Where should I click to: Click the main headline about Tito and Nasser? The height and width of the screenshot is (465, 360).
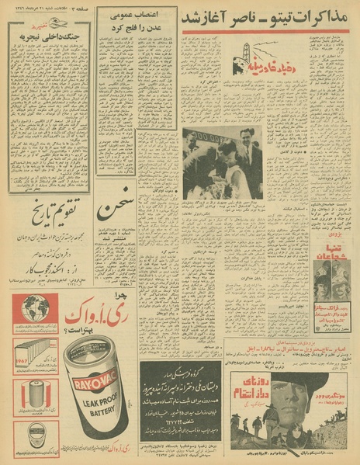point(264,16)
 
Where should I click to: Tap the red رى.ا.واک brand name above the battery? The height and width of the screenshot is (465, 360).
point(78,314)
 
